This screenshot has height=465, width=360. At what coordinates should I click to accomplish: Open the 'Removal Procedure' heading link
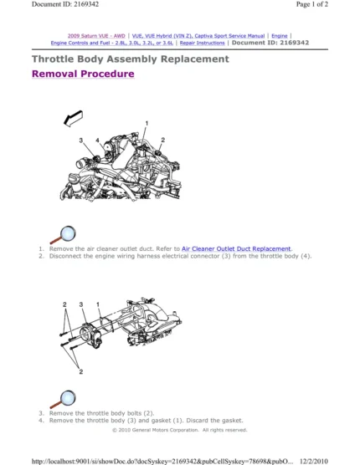tap(82, 74)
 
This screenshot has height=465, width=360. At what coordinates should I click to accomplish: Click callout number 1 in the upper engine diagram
tap(147, 124)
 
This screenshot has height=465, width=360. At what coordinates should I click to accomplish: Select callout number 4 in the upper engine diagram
tap(97, 140)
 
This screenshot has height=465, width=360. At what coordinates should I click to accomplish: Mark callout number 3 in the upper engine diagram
tap(81, 139)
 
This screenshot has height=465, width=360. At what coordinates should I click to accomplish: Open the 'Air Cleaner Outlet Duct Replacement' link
tap(236, 249)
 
